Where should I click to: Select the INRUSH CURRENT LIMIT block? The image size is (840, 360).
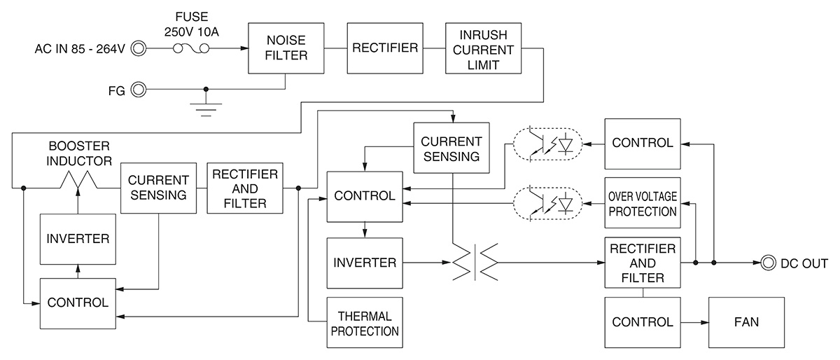484,48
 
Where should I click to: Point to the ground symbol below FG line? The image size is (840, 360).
206,106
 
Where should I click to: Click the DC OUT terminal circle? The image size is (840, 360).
767,263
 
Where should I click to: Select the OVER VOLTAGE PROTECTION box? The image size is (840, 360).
642,203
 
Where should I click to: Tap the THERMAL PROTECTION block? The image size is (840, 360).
363,323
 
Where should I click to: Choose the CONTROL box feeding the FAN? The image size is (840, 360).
642,323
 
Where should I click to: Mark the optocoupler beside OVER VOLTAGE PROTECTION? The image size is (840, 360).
547,203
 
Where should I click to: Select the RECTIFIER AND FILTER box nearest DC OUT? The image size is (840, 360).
642,263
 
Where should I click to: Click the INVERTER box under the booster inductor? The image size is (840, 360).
78,238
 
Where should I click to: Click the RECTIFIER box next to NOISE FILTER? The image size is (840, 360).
385,48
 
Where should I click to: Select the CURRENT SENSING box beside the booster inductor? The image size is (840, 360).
157,188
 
